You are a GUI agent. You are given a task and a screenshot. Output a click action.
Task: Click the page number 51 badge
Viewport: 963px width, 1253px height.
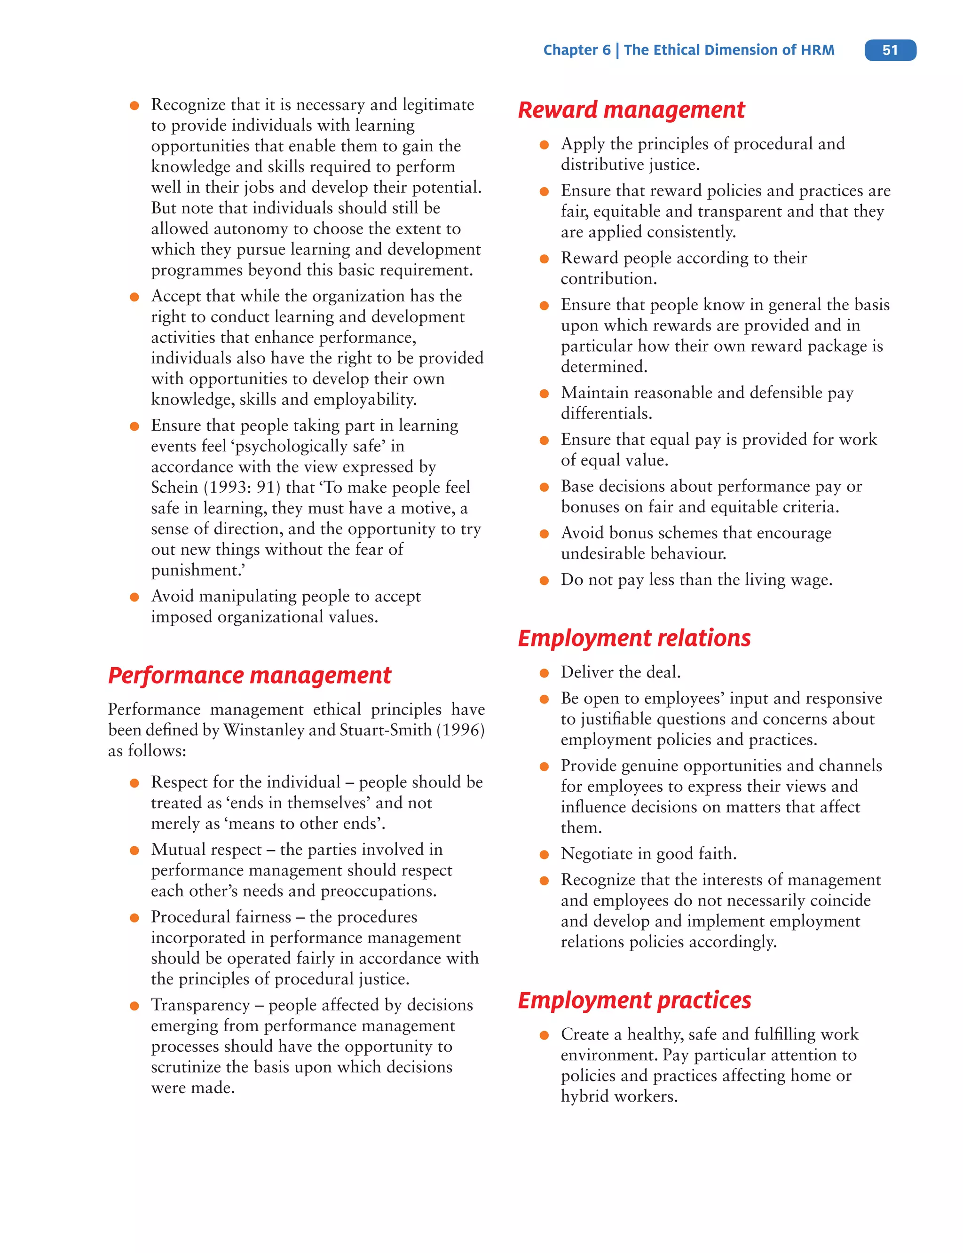[890, 50]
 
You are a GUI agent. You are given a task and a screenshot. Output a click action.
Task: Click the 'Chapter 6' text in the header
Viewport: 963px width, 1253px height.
[576, 50]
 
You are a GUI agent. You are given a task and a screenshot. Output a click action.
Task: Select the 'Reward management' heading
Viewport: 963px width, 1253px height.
[631, 110]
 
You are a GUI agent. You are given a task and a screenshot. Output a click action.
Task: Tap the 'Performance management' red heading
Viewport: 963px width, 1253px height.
[249, 675]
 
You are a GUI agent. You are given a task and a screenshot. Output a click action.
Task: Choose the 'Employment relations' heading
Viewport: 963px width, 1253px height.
[634, 638]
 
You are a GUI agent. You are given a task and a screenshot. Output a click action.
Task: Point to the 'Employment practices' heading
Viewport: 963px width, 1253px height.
[634, 1000]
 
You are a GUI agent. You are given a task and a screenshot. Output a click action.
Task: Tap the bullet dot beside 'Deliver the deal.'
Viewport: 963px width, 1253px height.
[544, 673]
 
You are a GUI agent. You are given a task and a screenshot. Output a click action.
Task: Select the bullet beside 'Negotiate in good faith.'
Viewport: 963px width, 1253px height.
[544, 855]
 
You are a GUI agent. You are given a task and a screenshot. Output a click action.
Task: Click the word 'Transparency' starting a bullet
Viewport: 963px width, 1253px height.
[200, 1005]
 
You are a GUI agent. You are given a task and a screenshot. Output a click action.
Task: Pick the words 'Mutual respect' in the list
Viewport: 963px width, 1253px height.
[206, 850]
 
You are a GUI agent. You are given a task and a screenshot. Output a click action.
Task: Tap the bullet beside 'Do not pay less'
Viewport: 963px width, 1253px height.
[544, 581]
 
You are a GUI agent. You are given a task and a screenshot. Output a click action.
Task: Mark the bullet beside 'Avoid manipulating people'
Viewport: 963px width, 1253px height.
[134, 597]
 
